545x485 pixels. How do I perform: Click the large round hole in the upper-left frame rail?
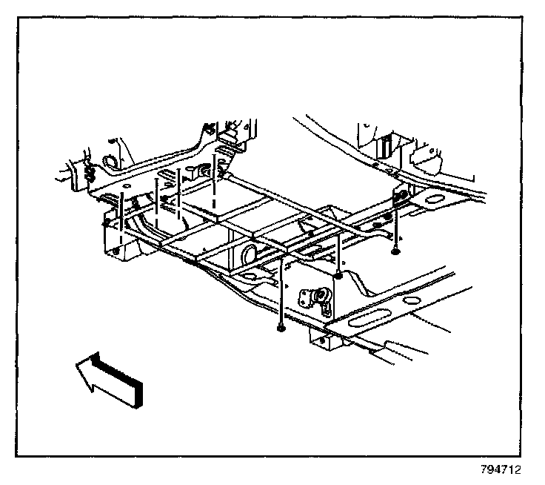(106, 162)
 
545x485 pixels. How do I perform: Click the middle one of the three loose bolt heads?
(338, 276)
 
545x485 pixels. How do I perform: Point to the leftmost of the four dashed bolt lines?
(121, 215)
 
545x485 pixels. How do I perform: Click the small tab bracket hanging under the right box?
(320, 341)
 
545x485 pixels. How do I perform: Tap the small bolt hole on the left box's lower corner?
(117, 250)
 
